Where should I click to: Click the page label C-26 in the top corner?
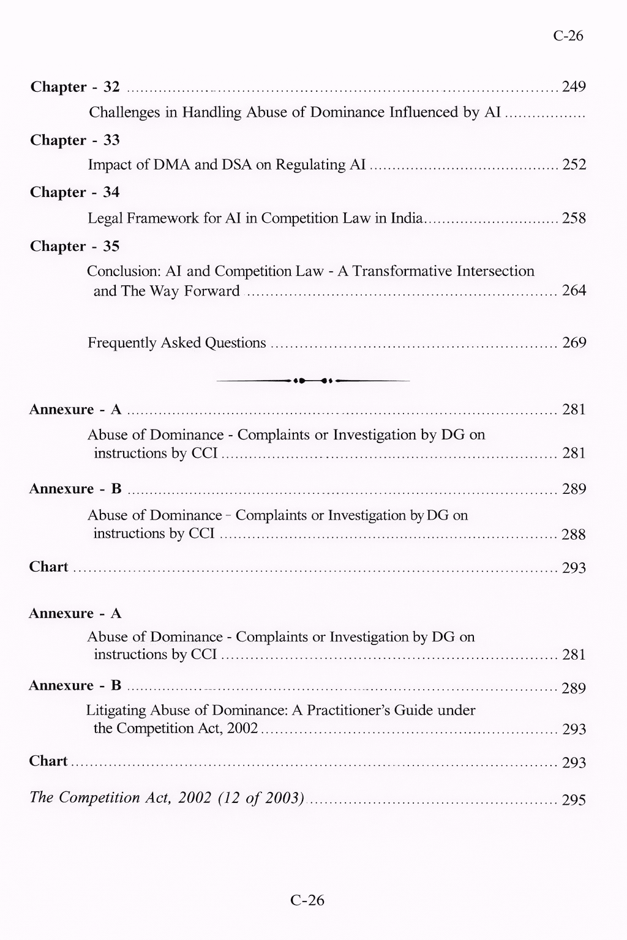point(568,35)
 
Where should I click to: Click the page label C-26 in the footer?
point(307,900)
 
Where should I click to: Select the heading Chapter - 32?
point(75,87)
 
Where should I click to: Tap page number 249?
point(574,87)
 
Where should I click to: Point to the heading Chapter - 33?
point(75,140)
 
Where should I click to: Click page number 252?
point(574,165)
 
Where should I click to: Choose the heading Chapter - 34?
point(75,192)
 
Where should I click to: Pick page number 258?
point(574,218)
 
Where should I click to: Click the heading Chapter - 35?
point(75,246)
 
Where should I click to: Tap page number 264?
point(574,291)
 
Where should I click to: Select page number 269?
point(574,343)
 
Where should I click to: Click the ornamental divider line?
point(313,381)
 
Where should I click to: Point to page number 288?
point(574,535)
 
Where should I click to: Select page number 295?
point(574,800)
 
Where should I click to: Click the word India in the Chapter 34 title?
point(406,218)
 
